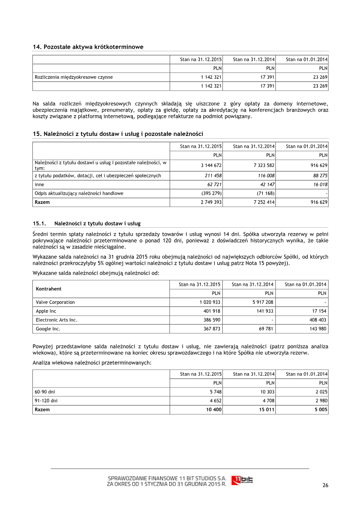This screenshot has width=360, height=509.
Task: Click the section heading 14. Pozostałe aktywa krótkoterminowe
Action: [x=88, y=47]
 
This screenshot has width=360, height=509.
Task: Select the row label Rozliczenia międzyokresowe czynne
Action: [x=74, y=77]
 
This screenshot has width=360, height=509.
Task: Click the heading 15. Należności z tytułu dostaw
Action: [x=118, y=134]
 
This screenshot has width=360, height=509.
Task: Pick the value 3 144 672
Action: [x=210, y=165]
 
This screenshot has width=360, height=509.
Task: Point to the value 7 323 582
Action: [x=262, y=165]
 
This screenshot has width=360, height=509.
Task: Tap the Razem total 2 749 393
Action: [x=210, y=203]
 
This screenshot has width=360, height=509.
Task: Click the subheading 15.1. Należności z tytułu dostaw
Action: [x=87, y=223]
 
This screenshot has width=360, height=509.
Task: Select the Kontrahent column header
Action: [x=49, y=288]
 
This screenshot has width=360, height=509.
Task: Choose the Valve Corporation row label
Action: [x=55, y=302]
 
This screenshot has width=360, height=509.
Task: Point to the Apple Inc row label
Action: [x=45, y=311]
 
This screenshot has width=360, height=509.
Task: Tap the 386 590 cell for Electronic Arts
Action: [x=211, y=320]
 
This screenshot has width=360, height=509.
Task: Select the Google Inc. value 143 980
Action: [x=317, y=329]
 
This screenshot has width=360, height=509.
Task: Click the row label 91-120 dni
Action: [x=46, y=400]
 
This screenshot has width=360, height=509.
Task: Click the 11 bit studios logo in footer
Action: [x=242, y=480]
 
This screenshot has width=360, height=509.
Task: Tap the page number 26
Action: [x=325, y=485]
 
